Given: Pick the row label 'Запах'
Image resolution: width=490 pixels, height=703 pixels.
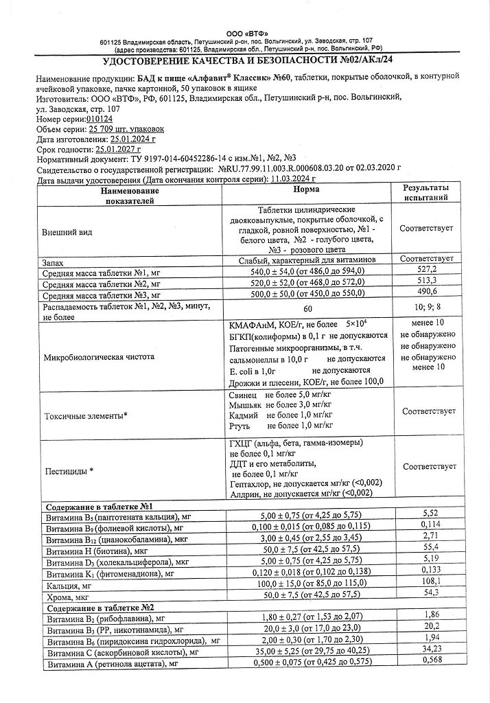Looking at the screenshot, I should coord(54,262).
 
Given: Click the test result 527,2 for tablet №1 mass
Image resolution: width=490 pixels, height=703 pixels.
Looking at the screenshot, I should coord(430,271).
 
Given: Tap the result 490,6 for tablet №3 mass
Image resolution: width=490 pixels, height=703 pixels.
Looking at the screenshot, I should coord(430,293).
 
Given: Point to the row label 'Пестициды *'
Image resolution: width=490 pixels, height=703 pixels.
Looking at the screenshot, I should coord(69,472).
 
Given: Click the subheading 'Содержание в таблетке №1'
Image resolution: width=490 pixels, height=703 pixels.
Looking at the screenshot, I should coord(94,505).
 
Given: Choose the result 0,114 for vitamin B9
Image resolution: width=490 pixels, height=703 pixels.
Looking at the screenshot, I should coord(430,527).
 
